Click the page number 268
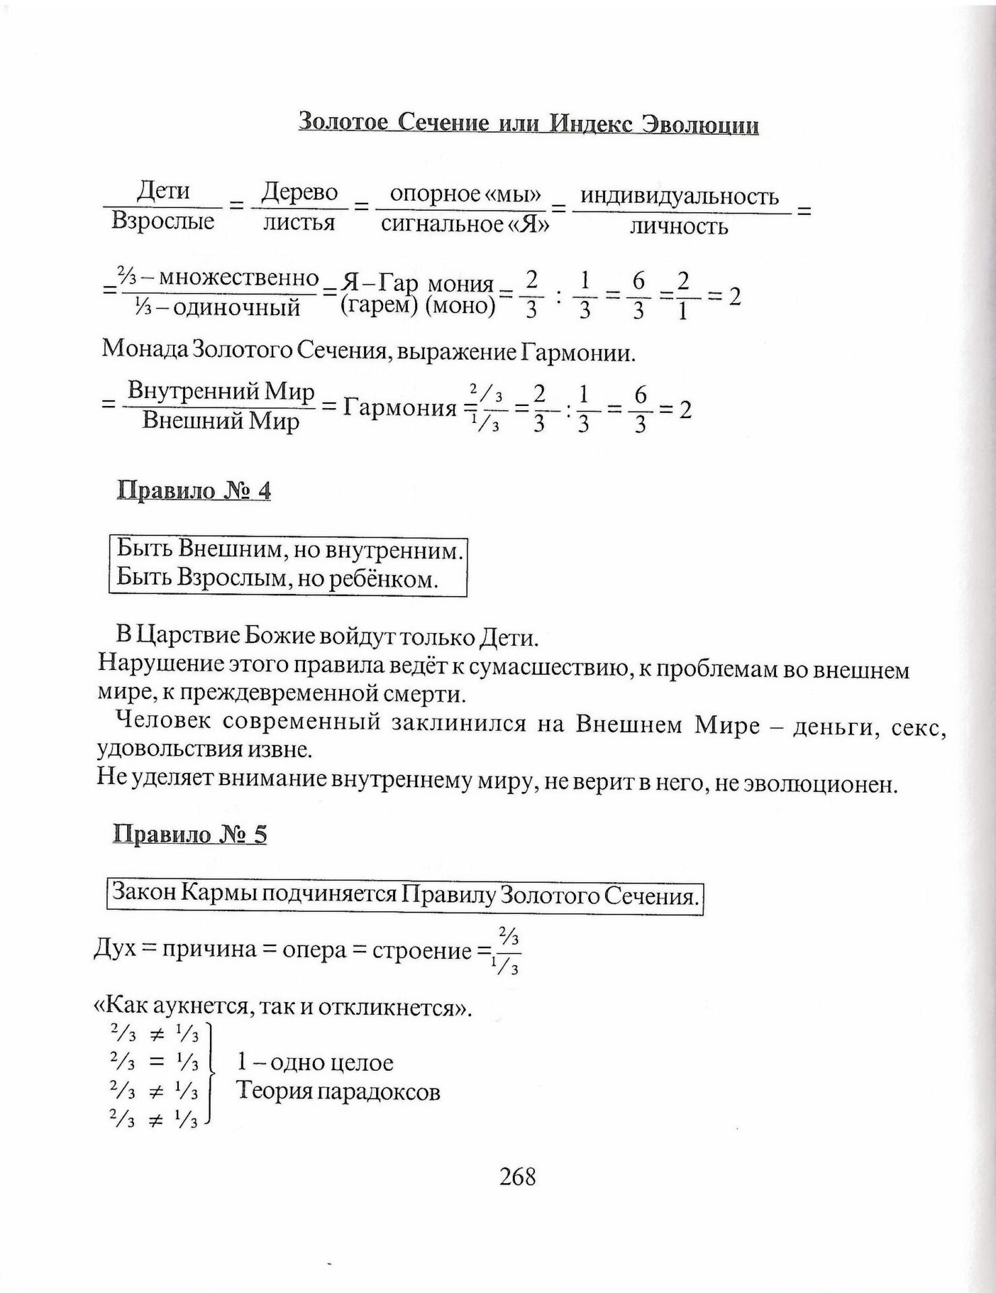click(518, 1176)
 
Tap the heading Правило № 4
click(194, 490)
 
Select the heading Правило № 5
click(190, 834)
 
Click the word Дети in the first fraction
click(163, 192)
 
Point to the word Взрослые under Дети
click(163, 222)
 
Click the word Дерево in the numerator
click(299, 193)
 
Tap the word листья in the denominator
click(299, 222)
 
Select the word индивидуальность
click(680, 197)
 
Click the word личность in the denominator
click(678, 226)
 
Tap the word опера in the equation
click(314, 950)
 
